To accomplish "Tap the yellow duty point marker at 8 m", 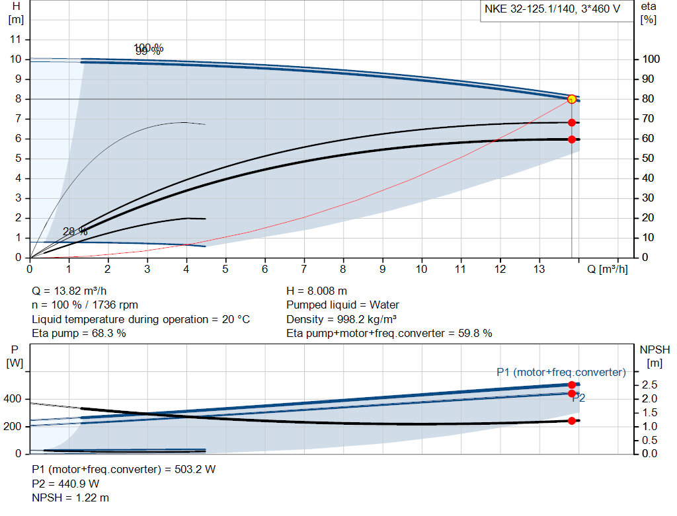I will coord(572,99).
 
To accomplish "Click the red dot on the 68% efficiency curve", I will coord(572,122).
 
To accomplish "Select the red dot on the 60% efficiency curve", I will coord(572,139).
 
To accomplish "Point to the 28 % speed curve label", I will coord(75,231).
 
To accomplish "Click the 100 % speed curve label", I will coord(148,48).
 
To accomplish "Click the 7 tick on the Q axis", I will coord(304,269).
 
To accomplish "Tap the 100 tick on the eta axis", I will coord(651,59).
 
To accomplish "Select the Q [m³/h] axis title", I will coord(607,269).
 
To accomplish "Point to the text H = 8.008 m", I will coord(317,291).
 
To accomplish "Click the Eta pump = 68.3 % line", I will coord(79,333).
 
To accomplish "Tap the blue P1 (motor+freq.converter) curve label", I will coord(561,372).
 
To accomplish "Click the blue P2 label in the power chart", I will coord(578,398).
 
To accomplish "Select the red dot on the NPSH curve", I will coord(572,421).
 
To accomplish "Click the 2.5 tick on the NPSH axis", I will coord(649,385).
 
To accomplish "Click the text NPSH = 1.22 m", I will coord(71,498).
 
